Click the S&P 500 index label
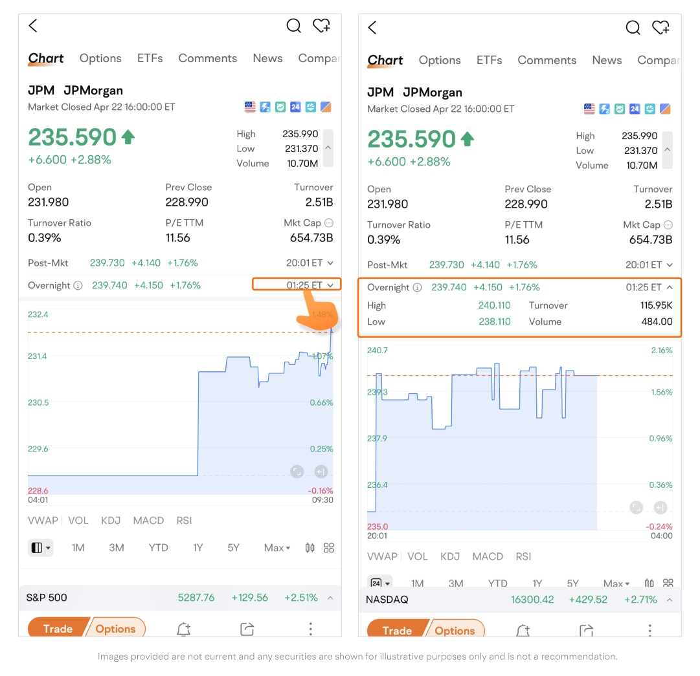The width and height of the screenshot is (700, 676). pos(47,598)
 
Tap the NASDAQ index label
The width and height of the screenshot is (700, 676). pos(387,600)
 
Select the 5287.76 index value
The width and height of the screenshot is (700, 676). pos(196,598)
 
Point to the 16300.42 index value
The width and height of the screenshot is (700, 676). pos(532,600)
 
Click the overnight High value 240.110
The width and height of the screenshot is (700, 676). pos(495,305)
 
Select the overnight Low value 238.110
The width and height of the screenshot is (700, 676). pos(495,322)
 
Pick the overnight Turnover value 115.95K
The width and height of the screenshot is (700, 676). pos(657,305)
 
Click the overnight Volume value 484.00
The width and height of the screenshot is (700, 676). pos(657,322)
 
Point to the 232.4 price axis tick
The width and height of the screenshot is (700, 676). pos(38,314)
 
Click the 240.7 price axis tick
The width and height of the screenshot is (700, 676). pos(378,350)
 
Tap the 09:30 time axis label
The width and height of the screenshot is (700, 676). pos(322,500)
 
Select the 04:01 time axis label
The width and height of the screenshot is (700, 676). pos(38,500)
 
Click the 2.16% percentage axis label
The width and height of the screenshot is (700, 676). pos(661,350)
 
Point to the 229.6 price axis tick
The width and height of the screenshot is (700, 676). pos(38,449)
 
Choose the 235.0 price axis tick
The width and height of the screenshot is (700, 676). pos(378,527)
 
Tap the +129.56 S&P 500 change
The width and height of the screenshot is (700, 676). pos(250,598)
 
